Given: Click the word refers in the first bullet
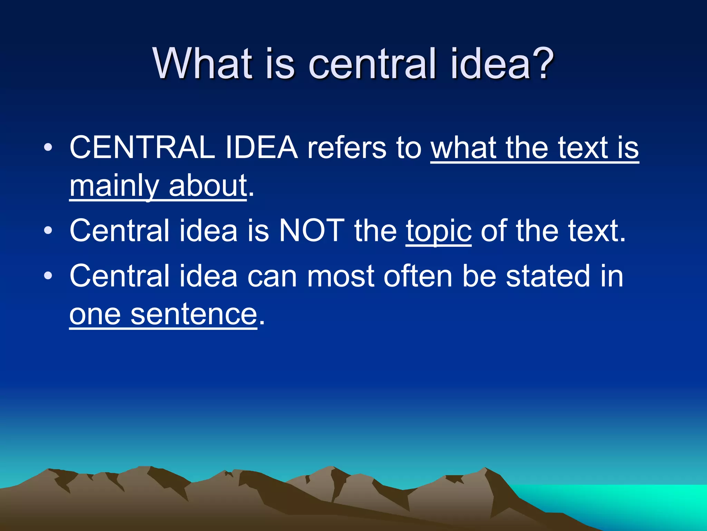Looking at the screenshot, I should (x=347, y=148).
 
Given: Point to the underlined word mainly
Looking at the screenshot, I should (x=114, y=187).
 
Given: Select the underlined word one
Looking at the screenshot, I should (x=95, y=315).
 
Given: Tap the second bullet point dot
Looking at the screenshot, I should (x=48, y=231).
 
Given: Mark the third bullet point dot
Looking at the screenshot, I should (x=48, y=276).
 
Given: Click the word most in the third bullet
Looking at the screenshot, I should (x=340, y=277).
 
